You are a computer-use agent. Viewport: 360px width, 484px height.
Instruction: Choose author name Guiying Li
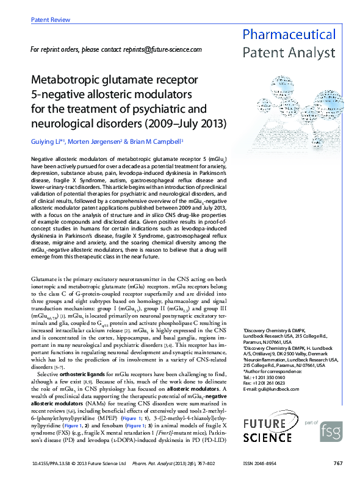pos(46,141)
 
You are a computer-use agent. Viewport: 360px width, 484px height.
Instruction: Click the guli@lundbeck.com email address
pos(275,389)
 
